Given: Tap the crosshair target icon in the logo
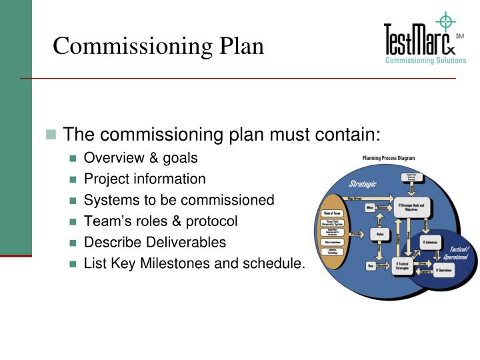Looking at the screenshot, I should click(445, 22).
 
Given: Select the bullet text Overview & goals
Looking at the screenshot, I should click(141, 159).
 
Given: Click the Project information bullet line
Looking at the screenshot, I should click(145, 179).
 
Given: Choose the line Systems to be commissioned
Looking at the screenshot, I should click(179, 200).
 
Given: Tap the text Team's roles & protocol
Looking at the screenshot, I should click(160, 221).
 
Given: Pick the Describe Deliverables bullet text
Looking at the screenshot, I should click(155, 242).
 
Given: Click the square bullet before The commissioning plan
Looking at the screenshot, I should click(51, 135).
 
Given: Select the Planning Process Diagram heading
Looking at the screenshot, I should click(388, 158).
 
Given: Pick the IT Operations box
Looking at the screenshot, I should click(445, 271).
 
